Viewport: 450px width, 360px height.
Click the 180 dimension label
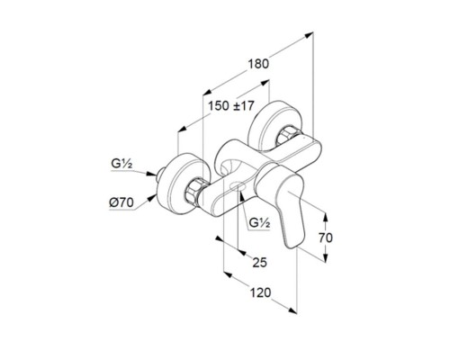pos(258,64)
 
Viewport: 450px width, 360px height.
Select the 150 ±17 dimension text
pos(231,106)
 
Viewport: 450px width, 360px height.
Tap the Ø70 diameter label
pos(121,203)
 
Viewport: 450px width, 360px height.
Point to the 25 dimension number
pos(259,263)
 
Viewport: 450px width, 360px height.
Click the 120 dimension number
pos(260,292)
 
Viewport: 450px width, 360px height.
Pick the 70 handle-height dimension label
pos(326,238)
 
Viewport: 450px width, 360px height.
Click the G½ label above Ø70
pos(121,164)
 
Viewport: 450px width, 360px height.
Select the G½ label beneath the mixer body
pos(260,223)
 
